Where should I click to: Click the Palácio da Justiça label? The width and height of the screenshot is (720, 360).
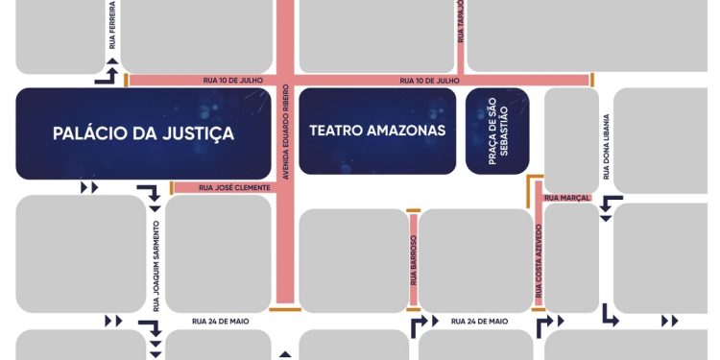pyautogui.click(x=144, y=133)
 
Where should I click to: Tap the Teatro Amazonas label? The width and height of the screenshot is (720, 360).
pyautogui.click(x=377, y=131)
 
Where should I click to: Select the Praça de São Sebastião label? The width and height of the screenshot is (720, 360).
pyautogui.click(x=497, y=131)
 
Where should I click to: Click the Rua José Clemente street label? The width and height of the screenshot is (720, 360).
pyautogui.click(x=227, y=188)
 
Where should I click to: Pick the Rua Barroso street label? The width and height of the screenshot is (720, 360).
pyautogui.click(x=414, y=260)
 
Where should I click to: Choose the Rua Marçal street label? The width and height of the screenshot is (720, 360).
pyautogui.click(x=560, y=198)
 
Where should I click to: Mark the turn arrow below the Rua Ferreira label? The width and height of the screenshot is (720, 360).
pyautogui.click(x=111, y=75)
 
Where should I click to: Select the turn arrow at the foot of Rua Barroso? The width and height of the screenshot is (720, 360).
pyautogui.click(x=419, y=326)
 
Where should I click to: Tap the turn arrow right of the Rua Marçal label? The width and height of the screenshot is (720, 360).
pyautogui.click(x=610, y=205)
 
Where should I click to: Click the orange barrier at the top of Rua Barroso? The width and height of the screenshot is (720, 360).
pyautogui.click(x=414, y=209)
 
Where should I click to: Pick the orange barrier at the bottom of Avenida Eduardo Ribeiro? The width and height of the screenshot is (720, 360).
pyautogui.click(x=285, y=309)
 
